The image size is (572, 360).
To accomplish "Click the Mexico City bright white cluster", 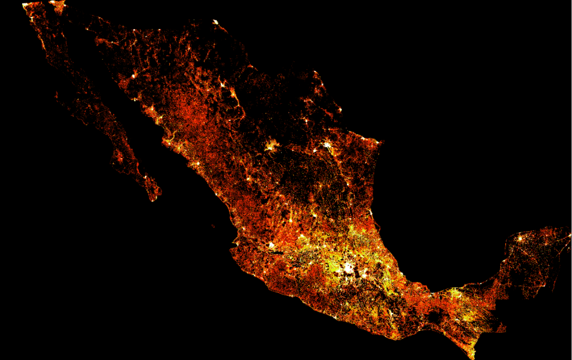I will click(x=347, y=266).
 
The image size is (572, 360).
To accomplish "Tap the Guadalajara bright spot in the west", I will click(x=272, y=245).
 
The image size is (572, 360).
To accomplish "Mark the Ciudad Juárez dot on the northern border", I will click(x=215, y=23).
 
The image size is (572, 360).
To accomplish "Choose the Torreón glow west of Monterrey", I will click(x=272, y=145).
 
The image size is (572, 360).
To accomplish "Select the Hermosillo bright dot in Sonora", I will click(x=136, y=76).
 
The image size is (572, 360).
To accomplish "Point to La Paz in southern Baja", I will click(x=145, y=176).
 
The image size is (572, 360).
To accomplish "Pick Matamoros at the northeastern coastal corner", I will click(x=380, y=142).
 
